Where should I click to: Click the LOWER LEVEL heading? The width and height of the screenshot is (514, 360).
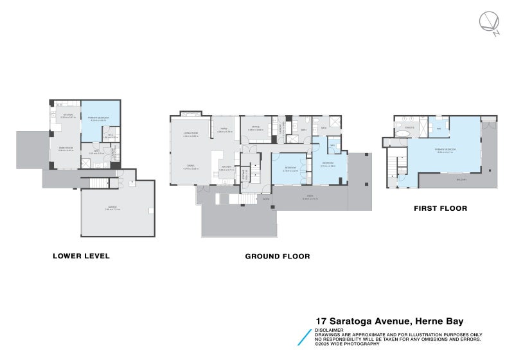click(81, 256)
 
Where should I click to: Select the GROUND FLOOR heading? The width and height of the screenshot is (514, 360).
click(278, 256)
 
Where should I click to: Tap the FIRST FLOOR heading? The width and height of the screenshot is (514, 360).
click(441, 208)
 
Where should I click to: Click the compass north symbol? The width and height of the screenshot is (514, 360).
click(488, 23)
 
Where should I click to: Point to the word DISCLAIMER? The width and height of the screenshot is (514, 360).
click(328, 330)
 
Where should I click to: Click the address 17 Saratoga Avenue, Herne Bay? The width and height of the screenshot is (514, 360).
click(389, 321)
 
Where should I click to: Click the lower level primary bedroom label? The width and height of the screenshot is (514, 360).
click(98, 119)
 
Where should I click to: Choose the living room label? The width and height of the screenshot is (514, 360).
click(190, 133)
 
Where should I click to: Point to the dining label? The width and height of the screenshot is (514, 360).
click(191, 166)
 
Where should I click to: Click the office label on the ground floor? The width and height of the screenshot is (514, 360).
click(255, 127)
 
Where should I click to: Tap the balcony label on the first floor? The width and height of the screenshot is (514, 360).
click(443, 180)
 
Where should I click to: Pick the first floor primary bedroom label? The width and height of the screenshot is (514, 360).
click(445, 149)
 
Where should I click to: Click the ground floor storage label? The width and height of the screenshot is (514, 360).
click(245, 174)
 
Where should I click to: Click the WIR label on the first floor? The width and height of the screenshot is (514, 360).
click(439, 128)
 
